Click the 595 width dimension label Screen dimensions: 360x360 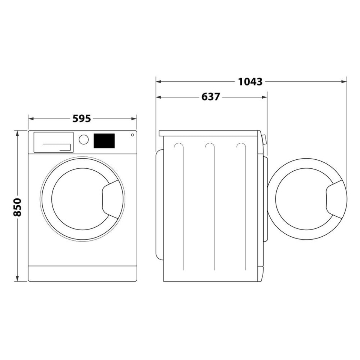pos(81,118)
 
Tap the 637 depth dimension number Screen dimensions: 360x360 pos(210,97)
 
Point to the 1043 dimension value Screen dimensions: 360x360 pos(250,81)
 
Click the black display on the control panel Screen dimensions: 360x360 pos(104,141)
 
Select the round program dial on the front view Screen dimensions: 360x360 pos(84,139)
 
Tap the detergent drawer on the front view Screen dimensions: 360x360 pos(53,142)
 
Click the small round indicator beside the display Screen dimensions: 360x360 pos(132,135)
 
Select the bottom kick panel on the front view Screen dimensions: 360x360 pos(82,273)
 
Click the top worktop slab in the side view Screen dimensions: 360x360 pos(209,133)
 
